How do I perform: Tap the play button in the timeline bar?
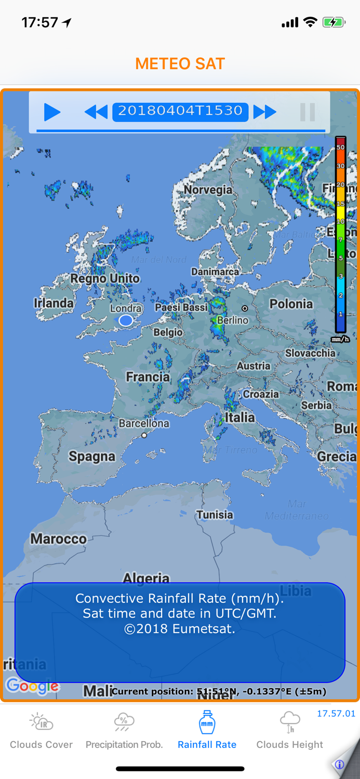(x=52, y=112)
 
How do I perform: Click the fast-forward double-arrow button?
(x=265, y=112)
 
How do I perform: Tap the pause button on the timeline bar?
(x=308, y=112)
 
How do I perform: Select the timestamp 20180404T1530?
(x=180, y=111)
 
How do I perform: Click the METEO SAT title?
(x=180, y=64)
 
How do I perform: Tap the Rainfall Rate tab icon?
(x=207, y=722)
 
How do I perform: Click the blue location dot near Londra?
(x=126, y=321)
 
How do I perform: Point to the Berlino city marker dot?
(x=245, y=308)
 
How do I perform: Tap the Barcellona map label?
(x=144, y=424)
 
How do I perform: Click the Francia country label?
(x=148, y=377)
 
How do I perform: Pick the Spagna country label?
(x=92, y=457)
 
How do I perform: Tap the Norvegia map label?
(x=208, y=190)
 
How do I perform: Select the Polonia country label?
(x=291, y=304)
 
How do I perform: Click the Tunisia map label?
(x=215, y=515)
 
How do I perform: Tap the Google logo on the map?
(x=32, y=686)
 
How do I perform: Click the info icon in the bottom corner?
(x=340, y=764)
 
